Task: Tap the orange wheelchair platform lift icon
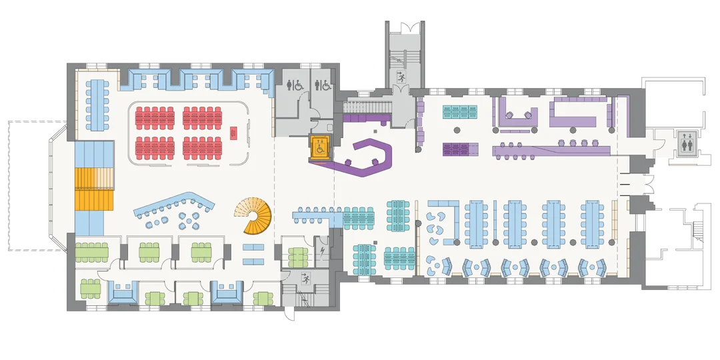(321, 147)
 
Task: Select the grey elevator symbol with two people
(688, 143)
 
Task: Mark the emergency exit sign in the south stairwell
(305, 277)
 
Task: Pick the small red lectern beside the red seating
(233, 132)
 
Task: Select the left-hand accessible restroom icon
(294, 85)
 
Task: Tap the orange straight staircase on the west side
(93, 189)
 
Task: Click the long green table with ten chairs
(91, 252)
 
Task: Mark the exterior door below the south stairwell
(289, 314)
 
